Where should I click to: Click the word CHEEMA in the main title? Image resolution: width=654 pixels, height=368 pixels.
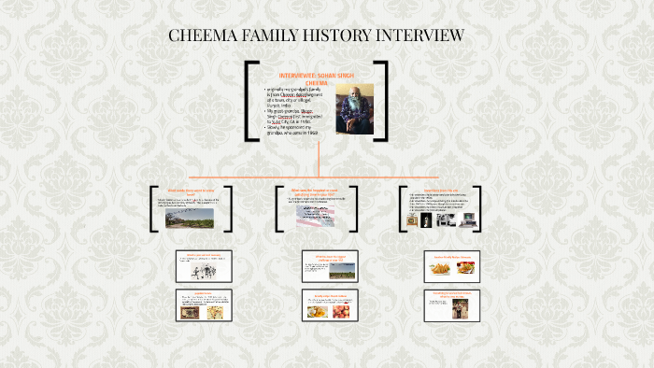pos(201,35)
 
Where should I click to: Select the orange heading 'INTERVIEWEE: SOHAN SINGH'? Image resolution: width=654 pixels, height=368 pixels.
pos(319,75)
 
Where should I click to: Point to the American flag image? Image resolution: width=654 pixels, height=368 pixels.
pos(317,216)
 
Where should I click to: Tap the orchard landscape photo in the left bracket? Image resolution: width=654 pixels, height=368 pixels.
pos(189,218)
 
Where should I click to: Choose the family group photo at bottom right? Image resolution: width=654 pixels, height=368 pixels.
pos(459,309)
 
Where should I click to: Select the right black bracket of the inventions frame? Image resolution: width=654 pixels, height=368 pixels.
pos(477,208)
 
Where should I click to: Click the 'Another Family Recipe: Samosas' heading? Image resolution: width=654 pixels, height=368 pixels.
pos(452,255)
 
